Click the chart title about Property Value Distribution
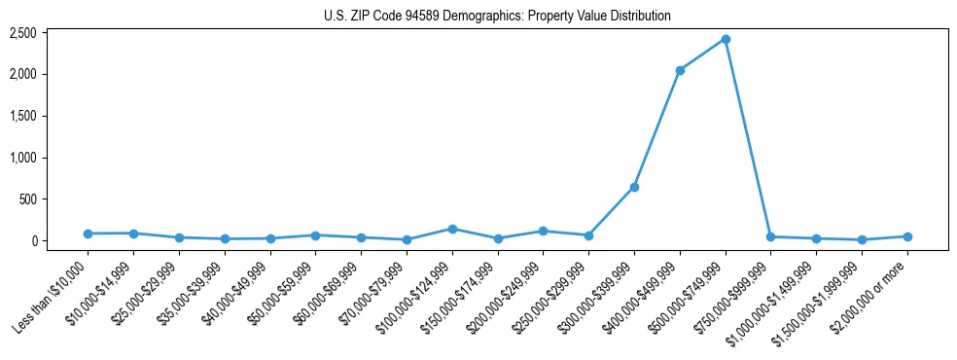coord(497,17)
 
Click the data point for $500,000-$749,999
coord(726,39)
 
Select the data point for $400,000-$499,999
coord(680,70)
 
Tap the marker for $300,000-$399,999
coord(634,187)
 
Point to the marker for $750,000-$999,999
coord(770,236)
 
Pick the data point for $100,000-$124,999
coord(452,229)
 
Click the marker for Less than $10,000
coord(88,234)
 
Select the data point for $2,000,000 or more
coord(907,236)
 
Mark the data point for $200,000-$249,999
coord(543,231)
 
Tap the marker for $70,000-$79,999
coord(407,239)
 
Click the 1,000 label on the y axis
coord(23,158)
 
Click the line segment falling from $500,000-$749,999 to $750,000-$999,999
coord(748,137)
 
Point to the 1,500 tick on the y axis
coord(23,116)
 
